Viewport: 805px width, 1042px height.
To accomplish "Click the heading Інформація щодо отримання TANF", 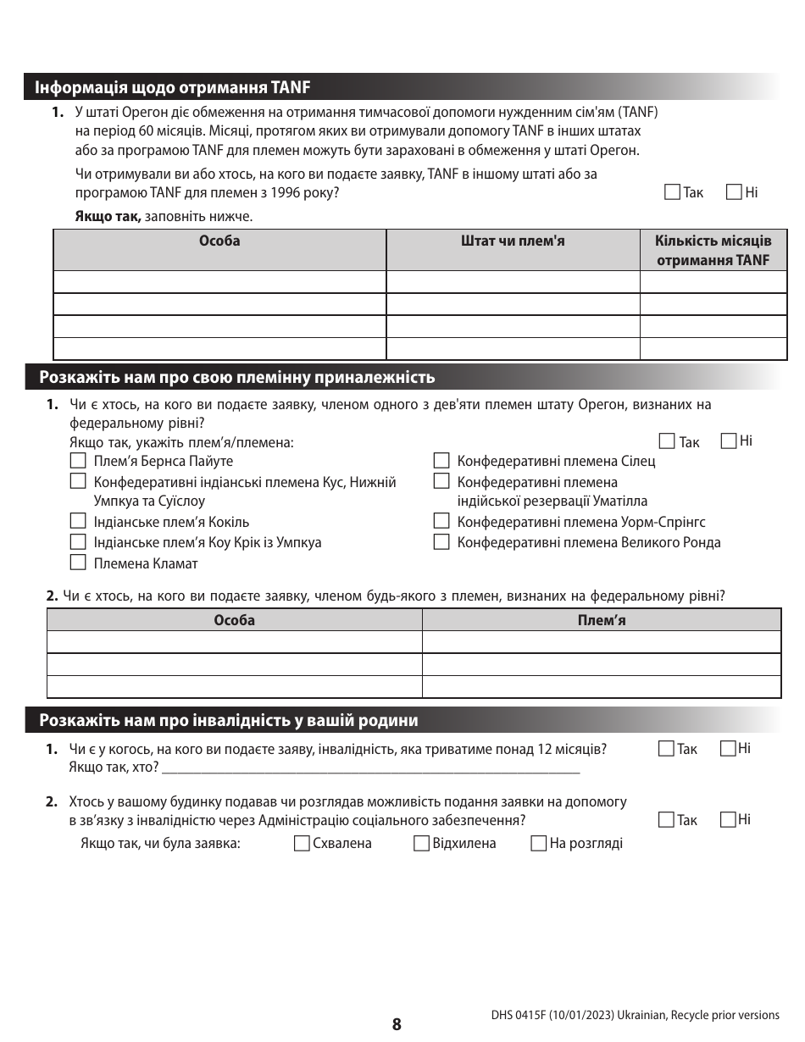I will click(173, 87).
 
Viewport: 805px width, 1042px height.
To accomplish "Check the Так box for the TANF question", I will click(673, 192).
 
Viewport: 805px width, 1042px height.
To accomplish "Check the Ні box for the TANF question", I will click(735, 192).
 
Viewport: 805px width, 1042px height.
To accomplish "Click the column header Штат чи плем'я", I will click(513, 241).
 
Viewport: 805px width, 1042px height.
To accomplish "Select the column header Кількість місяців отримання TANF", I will click(713, 250).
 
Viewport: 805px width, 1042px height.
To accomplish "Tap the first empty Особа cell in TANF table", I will click(219, 282).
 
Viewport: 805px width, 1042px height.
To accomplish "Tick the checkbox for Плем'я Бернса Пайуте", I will click(78, 461).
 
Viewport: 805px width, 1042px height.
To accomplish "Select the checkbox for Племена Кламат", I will click(78, 563).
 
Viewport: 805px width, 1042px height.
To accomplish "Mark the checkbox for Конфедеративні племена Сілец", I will click(441, 461).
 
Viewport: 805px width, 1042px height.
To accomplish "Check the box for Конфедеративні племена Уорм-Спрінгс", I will click(441, 522).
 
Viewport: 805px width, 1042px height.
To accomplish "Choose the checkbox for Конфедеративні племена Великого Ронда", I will click(441, 542).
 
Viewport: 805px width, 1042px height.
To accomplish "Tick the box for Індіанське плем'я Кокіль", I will click(78, 522).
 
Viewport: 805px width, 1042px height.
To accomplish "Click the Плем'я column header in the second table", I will click(601, 620).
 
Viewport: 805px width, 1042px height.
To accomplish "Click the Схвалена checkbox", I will click(301, 843).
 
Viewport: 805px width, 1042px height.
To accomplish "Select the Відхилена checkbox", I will click(421, 843).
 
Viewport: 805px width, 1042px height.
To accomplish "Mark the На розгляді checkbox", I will click(538, 843).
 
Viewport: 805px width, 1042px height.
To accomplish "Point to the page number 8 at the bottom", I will click(397, 1024).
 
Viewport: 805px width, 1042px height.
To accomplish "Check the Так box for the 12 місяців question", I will click(666, 748).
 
